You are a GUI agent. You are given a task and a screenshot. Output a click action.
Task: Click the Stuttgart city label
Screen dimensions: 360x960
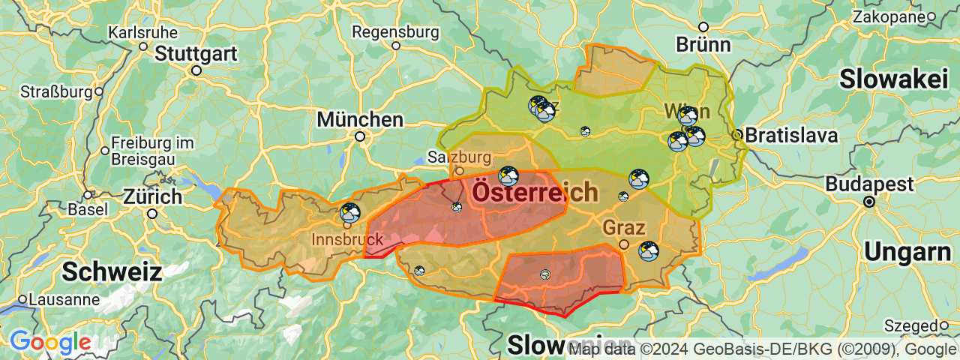(196, 54)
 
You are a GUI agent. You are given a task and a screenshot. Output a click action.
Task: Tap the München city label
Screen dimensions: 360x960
(360, 119)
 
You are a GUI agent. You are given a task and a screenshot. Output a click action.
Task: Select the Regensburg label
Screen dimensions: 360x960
(395, 32)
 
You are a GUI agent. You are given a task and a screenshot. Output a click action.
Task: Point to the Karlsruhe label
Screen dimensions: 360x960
(142, 33)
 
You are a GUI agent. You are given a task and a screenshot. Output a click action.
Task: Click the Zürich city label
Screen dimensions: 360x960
(152, 197)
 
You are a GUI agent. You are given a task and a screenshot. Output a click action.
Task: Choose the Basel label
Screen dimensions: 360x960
(87, 209)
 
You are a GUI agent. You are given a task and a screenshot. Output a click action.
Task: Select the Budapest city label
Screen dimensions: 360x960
(869, 184)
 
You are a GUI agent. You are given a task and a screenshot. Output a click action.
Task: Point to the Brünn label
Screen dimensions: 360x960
(703, 44)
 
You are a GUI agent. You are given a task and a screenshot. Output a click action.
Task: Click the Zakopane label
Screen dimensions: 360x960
(888, 16)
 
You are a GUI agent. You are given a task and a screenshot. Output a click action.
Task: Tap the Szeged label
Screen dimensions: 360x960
(910, 325)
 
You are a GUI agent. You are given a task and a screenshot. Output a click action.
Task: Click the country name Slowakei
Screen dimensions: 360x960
(894, 79)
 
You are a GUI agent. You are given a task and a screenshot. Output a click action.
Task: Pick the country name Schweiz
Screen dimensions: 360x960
(112, 271)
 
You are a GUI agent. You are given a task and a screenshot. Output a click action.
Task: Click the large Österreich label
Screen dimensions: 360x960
(535, 192)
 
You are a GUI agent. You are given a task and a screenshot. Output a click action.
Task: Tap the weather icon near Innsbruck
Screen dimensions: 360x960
(350, 212)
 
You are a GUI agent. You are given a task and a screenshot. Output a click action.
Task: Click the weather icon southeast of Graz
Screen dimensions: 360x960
(649, 251)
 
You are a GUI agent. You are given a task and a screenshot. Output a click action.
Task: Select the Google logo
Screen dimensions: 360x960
(50, 343)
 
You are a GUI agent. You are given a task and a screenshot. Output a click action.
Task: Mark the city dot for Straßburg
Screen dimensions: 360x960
(98, 92)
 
